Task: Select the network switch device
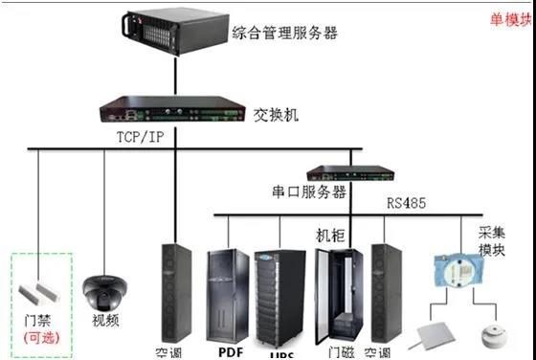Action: tap(173, 108)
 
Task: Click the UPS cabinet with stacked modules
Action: tap(279, 296)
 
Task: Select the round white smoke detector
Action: tap(493, 334)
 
